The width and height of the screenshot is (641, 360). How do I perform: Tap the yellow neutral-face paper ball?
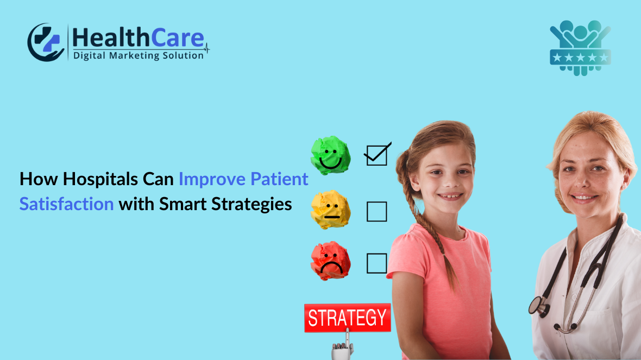pyautogui.click(x=330, y=209)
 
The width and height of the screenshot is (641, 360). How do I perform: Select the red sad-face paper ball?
pyautogui.click(x=330, y=261)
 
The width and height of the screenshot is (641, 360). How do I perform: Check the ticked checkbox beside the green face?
pyautogui.click(x=376, y=155)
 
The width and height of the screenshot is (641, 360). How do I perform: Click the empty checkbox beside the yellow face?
pyautogui.click(x=376, y=211)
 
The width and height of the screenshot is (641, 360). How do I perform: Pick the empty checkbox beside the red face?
pyautogui.click(x=376, y=263)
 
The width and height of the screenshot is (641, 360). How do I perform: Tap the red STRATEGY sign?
pyautogui.click(x=347, y=318)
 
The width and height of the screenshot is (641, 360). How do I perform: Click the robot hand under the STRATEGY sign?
pyautogui.click(x=343, y=349)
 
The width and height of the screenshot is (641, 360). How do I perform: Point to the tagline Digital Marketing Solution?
pyautogui.click(x=139, y=55)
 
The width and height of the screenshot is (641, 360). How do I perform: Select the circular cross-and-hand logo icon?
pyautogui.click(x=46, y=42)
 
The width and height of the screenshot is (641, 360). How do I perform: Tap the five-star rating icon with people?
pyautogui.click(x=580, y=48)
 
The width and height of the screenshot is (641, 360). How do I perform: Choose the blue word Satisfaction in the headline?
pyautogui.click(x=66, y=204)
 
